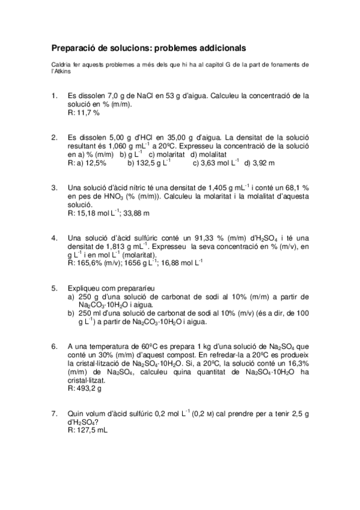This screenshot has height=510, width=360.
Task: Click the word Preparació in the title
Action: (71, 46)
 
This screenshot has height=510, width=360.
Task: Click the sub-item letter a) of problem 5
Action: (72, 296)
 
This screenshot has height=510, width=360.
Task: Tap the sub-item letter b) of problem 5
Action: (72, 313)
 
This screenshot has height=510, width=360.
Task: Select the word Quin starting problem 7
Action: (76, 413)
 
